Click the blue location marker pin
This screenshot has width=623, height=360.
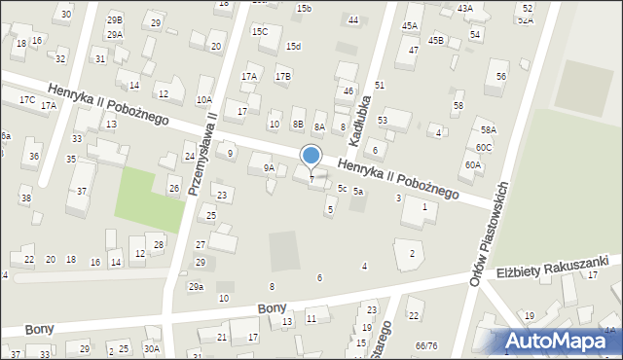[x=311, y=157]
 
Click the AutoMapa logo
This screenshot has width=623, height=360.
[x=558, y=341]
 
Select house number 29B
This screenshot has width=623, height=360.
[x=115, y=19]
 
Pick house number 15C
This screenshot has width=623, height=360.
[x=260, y=31]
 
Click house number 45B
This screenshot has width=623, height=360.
[x=435, y=40]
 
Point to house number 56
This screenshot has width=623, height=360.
[x=501, y=76]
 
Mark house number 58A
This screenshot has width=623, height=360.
[x=488, y=129]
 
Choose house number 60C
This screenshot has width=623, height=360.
[x=484, y=147]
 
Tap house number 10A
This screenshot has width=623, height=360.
[x=203, y=99]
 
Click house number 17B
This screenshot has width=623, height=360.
[x=282, y=76]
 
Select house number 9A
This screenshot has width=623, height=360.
[x=269, y=167]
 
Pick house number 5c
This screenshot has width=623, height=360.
[x=342, y=188]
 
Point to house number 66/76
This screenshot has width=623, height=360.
[x=425, y=345]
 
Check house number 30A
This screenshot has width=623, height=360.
[x=151, y=348]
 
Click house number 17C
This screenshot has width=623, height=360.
[x=26, y=100]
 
